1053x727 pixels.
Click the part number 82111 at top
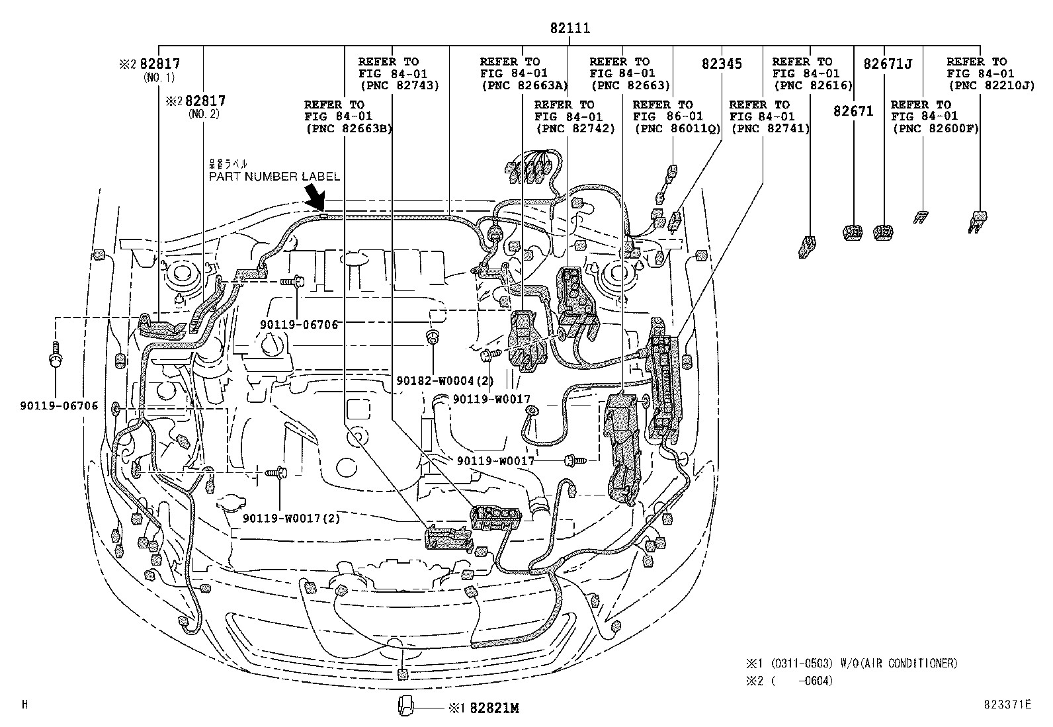569,28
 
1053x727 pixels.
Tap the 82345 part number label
722,64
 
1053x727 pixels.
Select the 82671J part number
888,64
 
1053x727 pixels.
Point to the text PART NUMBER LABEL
274,177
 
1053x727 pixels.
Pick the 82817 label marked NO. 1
160,64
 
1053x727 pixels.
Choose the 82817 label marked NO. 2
205,101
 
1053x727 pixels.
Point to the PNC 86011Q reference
677,128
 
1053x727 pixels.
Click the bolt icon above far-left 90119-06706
56,355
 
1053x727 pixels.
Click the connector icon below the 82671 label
853,232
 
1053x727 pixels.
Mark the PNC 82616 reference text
812,85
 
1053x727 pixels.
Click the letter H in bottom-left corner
24,705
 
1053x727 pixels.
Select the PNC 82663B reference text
349,128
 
